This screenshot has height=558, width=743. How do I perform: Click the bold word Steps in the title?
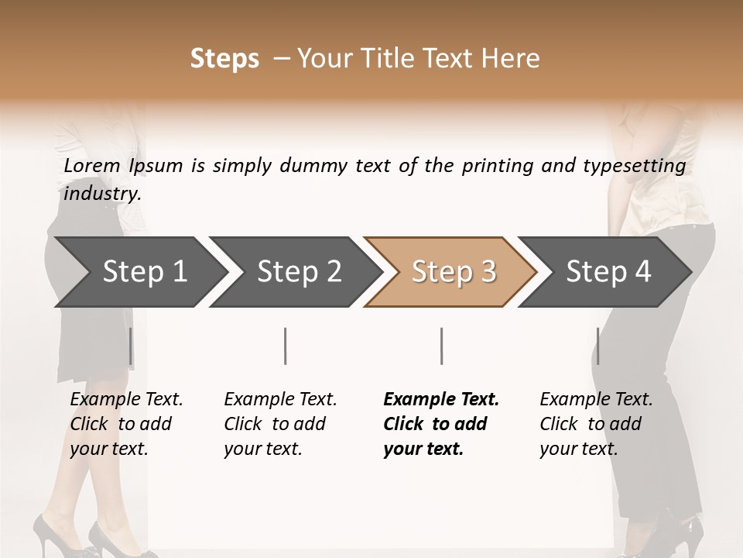tap(224, 59)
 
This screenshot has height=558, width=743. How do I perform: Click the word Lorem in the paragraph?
tap(92, 166)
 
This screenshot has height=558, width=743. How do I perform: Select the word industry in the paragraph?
tap(102, 193)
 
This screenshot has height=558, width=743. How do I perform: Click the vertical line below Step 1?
tap(131, 346)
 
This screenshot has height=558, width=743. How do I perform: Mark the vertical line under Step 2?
tap(286, 346)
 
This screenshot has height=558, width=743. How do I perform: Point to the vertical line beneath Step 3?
tap(442, 346)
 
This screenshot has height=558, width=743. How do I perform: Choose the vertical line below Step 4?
tap(597, 346)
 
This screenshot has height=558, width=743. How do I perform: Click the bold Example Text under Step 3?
tap(441, 400)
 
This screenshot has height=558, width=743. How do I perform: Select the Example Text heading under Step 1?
tap(126, 400)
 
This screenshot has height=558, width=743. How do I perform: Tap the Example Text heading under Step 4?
tap(596, 400)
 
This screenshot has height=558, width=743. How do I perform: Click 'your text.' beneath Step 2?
tap(263, 449)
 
